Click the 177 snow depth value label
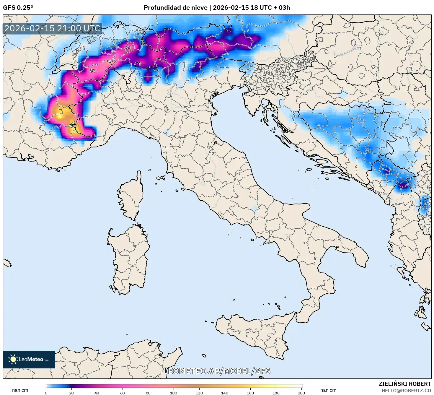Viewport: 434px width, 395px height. (x=73, y=126)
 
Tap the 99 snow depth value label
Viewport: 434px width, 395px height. (x=110, y=61)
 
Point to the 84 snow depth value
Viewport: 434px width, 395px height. (x=93, y=71)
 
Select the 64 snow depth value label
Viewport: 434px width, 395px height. (x=129, y=47)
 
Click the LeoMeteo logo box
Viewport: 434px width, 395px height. (x=29, y=359)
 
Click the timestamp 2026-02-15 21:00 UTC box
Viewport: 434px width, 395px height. (x=53, y=28)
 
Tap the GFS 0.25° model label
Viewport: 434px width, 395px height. (x=18, y=8)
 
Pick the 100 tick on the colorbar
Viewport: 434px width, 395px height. (x=174, y=393)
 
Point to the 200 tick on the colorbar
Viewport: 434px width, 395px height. (x=301, y=393)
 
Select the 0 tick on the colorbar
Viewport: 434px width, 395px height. (x=46, y=393)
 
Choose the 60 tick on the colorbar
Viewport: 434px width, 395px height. (x=123, y=393)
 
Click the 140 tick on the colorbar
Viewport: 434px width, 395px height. (x=225, y=393)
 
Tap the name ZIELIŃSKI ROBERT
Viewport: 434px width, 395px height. (x=404, y=384)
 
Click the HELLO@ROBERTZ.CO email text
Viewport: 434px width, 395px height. (x=406, y=391)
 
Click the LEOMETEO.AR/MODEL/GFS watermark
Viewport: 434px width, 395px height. (x=217, y=371)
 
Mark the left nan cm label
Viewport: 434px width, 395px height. (x=20, y=390)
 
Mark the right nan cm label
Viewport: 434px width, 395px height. (x=328, y=390)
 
